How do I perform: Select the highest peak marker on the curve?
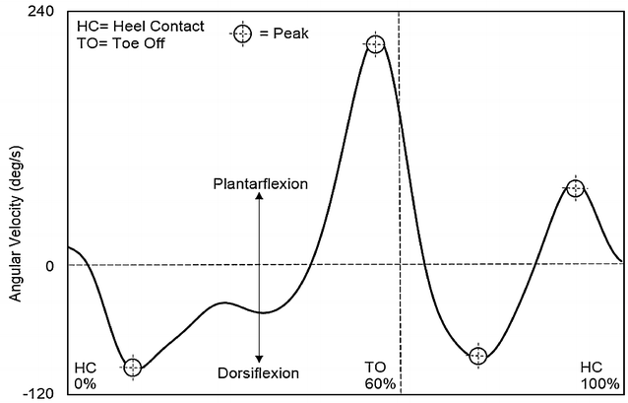point(374,44)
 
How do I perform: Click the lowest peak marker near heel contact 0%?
point(133,368)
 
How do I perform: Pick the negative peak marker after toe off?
point(477,356)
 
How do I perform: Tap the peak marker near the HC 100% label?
point(576,188)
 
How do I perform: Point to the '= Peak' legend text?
point(284,34)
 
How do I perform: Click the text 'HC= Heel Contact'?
point(140,27)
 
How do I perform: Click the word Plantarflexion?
point(261,184)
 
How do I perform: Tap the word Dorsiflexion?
point(258,372)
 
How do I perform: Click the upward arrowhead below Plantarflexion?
point(259,196)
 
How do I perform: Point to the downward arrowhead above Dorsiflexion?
point(259,360)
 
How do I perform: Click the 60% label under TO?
point(379,383)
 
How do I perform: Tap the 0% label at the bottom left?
point(86,383)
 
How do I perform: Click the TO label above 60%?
point(374,368)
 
